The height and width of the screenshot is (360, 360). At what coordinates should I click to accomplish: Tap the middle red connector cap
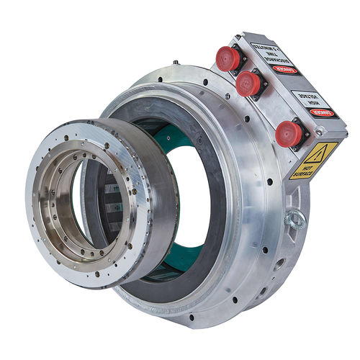point(248,84)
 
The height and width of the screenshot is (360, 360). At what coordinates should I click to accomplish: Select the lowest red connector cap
point(289,132)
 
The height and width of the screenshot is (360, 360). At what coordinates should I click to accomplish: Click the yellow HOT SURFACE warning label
point(308,161)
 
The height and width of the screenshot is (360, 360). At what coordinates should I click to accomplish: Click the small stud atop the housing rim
point(175,63)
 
